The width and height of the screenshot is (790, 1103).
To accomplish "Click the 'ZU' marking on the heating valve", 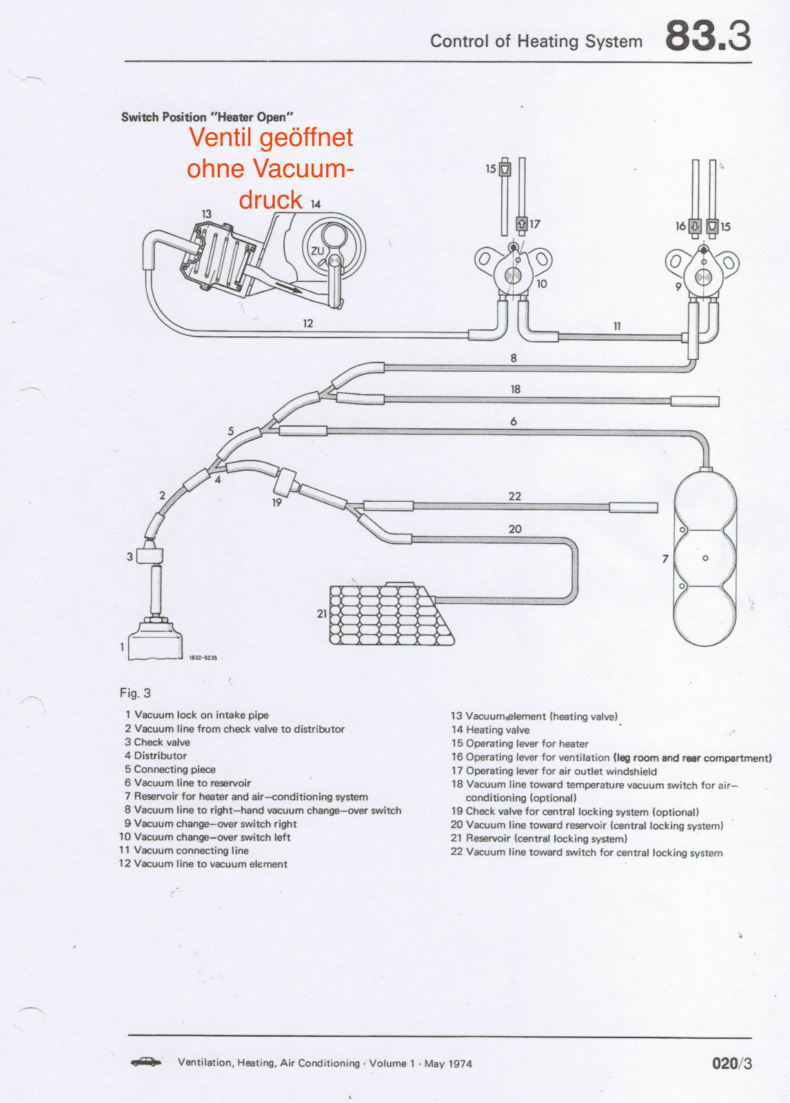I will click(x=317, y=251).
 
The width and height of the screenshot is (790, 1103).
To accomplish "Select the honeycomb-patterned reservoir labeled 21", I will click(x=389, y=614).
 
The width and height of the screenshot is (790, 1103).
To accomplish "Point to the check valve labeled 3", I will click(x=150, y=555).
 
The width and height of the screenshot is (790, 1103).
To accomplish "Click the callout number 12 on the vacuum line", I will click(x=307, y=323).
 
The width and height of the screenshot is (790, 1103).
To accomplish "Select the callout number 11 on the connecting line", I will click(x=617, y=326).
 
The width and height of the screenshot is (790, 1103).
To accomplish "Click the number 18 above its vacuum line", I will click(x=515, y=389).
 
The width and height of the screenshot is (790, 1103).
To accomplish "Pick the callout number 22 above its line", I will click(x=514, y=496).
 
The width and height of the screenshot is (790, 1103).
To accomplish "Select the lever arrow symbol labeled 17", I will click(x=521, y=224).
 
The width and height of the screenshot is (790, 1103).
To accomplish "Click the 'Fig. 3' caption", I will click(x=135, y=693).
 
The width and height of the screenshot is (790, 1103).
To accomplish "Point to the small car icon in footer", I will click(x=146, y=1062).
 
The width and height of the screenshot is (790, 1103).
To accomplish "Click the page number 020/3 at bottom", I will click(x=731, y=1063).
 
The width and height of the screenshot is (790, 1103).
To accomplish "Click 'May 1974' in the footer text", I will click(x=448, y=1064).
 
